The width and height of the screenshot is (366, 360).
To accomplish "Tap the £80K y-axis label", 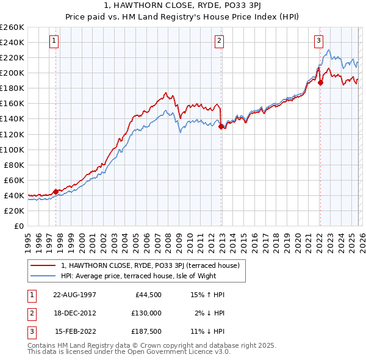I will (14, 165).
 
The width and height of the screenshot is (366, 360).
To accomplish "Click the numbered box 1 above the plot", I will (54, 41).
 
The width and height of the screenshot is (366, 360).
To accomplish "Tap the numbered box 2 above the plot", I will (219, 41).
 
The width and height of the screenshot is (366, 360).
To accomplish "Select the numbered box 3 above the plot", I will (318, 41).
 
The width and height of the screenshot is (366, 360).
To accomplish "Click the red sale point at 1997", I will (56, 192).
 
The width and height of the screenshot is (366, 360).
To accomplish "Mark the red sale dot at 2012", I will (221, 126).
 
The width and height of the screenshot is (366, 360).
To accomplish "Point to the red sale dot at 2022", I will (320, 82).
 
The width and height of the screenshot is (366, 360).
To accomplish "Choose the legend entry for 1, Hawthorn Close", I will (153, 265).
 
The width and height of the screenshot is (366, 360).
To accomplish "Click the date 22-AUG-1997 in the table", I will (74, 295).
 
